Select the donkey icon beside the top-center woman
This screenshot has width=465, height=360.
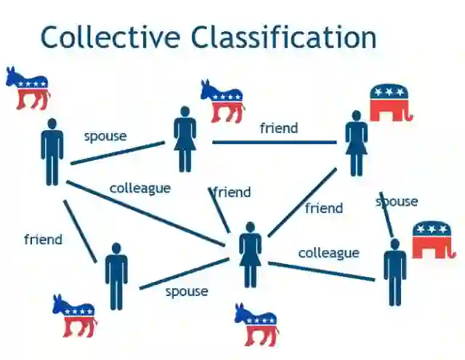tap(222, 100)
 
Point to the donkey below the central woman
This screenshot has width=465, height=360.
tap(256, 323)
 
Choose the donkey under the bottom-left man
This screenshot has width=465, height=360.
tap(74, 315)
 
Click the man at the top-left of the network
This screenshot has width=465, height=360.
tap(52, 151)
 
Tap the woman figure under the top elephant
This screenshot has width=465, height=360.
tap(356, 143)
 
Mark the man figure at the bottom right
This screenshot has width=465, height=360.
tap(395, 272)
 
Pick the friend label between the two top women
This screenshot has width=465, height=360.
tap(278, 128)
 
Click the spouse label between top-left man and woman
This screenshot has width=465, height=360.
tap(105, 136)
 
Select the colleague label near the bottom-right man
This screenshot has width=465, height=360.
tap(328, 252)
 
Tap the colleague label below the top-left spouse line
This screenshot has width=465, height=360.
tap(140, 188)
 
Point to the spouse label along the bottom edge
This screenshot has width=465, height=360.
tap(187, 291)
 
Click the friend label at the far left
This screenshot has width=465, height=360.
tap(43, 239)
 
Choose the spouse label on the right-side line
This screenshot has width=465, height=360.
tap(397, 201)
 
